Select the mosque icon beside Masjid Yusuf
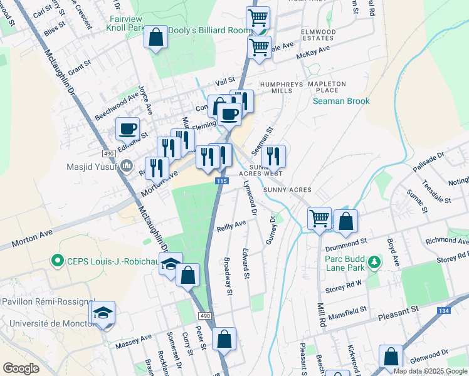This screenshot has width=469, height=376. point(126,166)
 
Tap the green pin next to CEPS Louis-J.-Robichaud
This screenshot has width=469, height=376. point(58,259)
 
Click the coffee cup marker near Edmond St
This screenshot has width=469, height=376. point(129,128)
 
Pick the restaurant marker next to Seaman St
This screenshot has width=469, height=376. point(273,155)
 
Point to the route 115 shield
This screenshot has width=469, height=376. point(221,180)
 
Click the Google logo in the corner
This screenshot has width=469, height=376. point(21,368)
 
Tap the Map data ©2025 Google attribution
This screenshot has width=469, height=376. point(430,371)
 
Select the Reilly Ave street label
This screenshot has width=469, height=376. point(231,224)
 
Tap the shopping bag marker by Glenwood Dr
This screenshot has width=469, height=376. point(391,357)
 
